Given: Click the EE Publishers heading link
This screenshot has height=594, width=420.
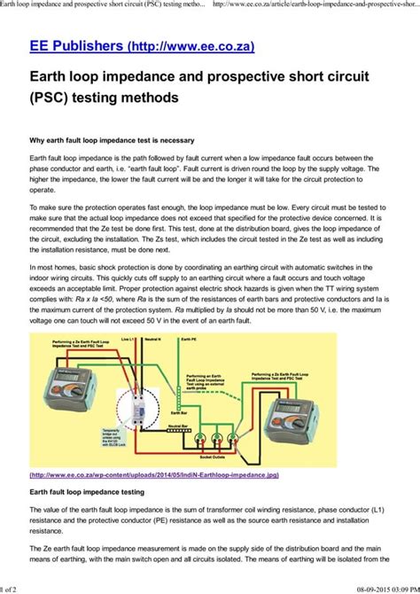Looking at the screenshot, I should [127, 43].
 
